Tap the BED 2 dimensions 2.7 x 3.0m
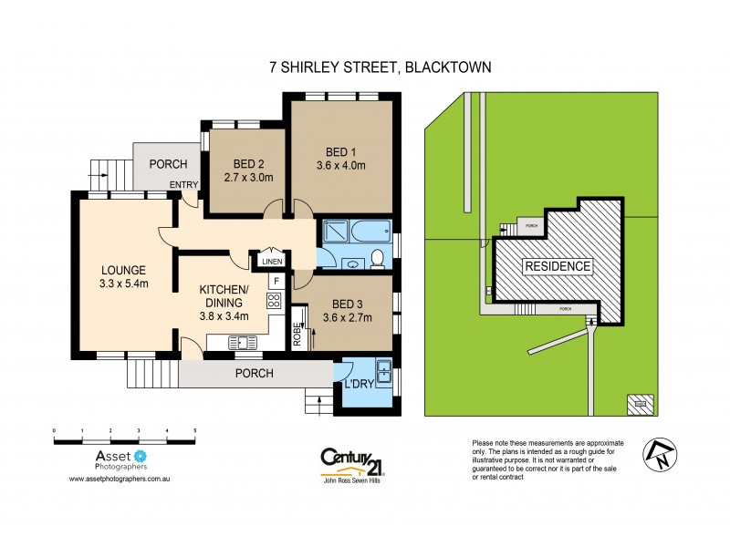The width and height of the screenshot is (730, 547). click(249, 179)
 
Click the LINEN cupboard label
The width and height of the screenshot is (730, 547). click(272, 262)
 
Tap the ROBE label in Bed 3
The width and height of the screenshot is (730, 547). click(297, 335)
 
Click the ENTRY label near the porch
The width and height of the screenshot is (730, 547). click(183, 186)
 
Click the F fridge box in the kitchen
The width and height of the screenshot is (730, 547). click(275, 282)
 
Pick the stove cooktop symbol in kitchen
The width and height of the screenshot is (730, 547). click(274, 300)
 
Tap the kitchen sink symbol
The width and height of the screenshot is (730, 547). click(243, 343)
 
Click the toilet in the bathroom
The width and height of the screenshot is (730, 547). click(376, 261)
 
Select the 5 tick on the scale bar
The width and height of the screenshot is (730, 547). click(194, 429)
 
